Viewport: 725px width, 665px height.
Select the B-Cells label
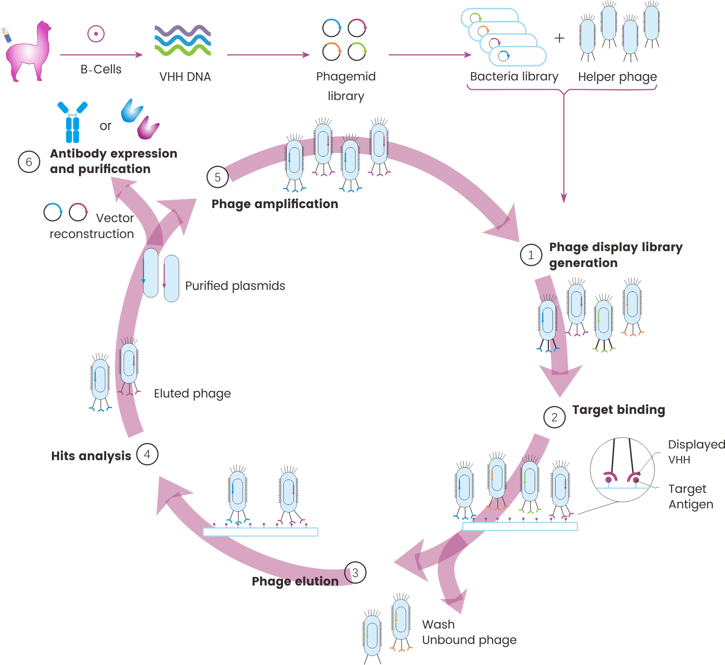coord(101,69)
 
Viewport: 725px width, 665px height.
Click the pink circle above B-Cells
coord(96,34)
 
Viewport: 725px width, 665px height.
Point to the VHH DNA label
coord(185,77)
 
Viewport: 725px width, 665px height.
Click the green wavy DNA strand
coord(182,50)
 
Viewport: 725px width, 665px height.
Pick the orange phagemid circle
coord(332,51)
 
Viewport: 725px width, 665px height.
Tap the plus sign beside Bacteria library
coord(559,38)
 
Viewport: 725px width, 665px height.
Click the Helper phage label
coord(617,77)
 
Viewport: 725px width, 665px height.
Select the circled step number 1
coord(531,255)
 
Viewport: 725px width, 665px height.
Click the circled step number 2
coord(554,417)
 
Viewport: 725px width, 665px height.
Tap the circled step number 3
coord(355,573)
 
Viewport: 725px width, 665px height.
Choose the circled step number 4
coord(147,454)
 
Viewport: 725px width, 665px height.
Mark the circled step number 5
coord(217,177)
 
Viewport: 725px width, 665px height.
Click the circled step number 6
coord(29,162)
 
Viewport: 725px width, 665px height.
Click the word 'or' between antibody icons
coord(105,126)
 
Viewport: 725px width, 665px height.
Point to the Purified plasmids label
coord(235,286)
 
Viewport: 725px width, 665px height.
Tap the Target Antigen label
coord(690,497)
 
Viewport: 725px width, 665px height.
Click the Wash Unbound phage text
coord(469,632)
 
